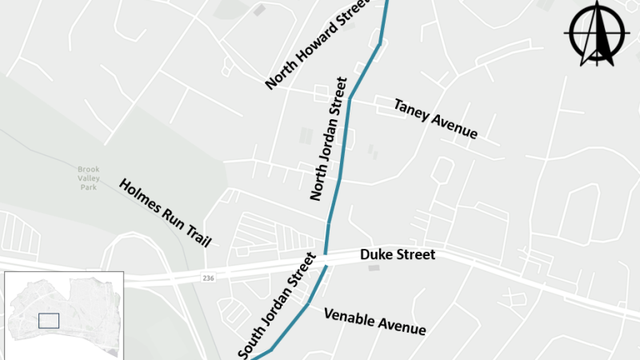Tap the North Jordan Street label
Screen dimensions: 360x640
328,138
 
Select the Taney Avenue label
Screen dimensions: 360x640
435,118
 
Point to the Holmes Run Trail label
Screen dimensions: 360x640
164,212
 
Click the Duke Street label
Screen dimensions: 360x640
398,254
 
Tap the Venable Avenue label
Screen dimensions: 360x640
374,321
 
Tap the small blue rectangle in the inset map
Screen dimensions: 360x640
49,320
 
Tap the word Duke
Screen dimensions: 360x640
376,254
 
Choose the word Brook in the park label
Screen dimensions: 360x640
88,170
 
